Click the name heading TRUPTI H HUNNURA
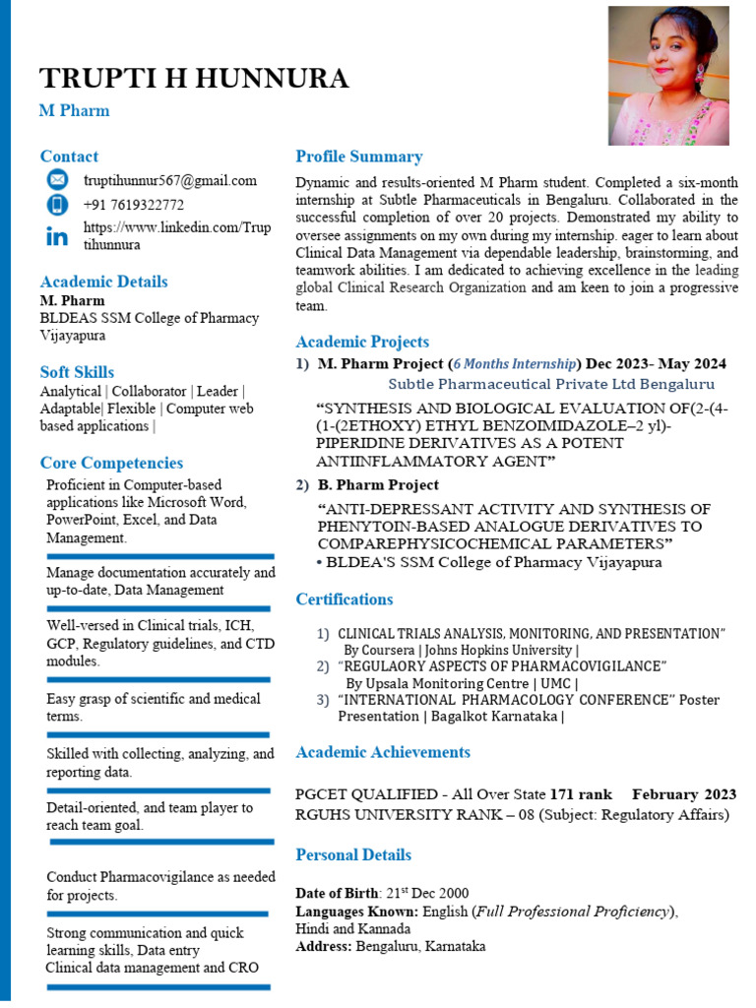click(x=193, y=78)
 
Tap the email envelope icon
click(x=57, y=179)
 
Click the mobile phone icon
click(x=57, y=205)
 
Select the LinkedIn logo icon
click(x=57, y=236)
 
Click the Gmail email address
click(x=169, y=180)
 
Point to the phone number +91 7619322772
click(x=133, y=205)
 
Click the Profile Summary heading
click(x=358, y=157)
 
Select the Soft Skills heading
click(x=77, y=372)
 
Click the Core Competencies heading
click(x=111, y=463)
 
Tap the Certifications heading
click(x=345, y=599)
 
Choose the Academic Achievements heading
click(x=383, y=752)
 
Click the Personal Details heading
click(x=353, y=854)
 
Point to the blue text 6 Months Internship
click(x=515, y=363)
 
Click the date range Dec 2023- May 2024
click(x=656, y=363)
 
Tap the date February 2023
click(x=684, y=794)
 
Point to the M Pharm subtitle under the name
click(x=74, y=110)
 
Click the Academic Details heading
click(x=103, y=282)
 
